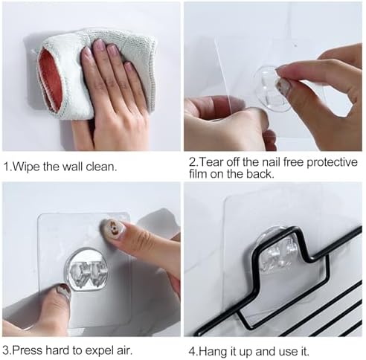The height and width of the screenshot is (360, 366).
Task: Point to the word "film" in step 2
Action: click(198, 174)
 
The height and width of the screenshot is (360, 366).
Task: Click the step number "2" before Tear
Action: click(192, 162)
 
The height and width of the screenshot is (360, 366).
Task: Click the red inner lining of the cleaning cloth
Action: click(51, 80)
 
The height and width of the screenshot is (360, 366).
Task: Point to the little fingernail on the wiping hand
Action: click(129, 68)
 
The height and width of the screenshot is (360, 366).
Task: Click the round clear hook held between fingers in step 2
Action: click(270, 87)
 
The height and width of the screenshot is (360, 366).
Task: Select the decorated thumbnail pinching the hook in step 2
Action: click(283, 86)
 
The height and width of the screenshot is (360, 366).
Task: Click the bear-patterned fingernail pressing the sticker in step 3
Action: click(113, 225)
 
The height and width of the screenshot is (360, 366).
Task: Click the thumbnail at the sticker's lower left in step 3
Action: click(63, 291)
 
